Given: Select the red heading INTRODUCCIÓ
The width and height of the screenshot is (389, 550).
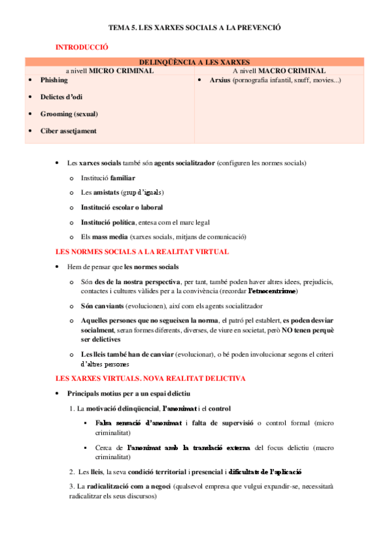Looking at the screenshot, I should tap(82, 47).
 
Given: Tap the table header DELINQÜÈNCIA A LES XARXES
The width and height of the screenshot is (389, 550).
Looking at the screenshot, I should tap(195, 62).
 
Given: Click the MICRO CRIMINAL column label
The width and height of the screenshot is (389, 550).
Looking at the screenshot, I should tap(121, 71).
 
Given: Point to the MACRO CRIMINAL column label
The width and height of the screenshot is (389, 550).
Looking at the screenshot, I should tap(292, 71).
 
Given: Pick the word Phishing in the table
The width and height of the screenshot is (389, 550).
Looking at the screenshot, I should tap(54, 80).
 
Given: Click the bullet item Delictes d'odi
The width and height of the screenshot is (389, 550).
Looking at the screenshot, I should tap(61, 97).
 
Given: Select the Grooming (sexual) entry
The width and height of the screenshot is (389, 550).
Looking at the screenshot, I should tap(69, 114).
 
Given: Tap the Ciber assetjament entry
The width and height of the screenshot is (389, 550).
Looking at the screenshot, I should tap(68, 130).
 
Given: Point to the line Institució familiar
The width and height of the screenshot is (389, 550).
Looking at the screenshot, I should tap(108, 177).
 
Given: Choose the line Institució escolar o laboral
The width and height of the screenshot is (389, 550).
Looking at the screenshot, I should tap(121, 208).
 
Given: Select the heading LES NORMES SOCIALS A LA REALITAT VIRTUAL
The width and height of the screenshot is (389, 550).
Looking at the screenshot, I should tap(142, 252).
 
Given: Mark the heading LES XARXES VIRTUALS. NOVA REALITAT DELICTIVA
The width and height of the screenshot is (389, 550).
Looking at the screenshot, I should tap(141, 377).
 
